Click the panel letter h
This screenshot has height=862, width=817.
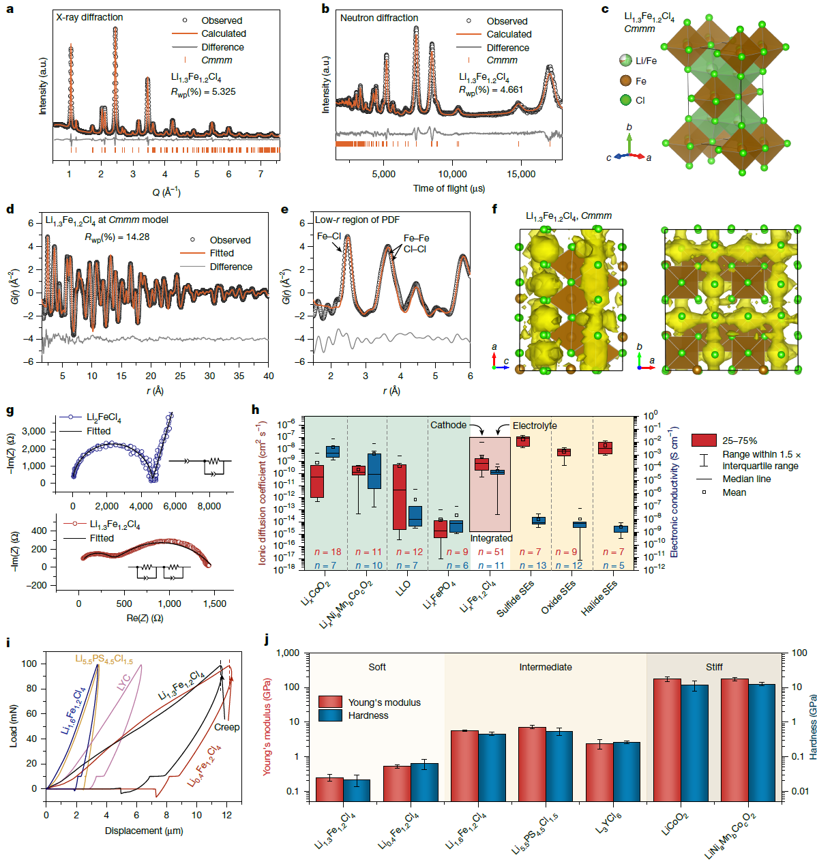[x=255, y=410]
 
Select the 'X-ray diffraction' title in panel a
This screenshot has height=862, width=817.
[x=89, y=17]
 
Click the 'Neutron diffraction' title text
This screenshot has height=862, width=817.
[x=379, y=18]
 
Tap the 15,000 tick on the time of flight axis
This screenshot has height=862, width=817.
[x=521, y=174]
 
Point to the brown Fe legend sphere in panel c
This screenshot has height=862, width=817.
[x=625, y=80]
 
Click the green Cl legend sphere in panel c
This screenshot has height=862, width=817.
[x=625, y=100]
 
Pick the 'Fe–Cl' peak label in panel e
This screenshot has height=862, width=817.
[x=329, y=236]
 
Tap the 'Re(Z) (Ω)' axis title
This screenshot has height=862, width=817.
[x=145, y=618]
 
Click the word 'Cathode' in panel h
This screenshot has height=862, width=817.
[x=448, y=425]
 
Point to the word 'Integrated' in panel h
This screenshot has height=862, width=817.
[x=491, y=538]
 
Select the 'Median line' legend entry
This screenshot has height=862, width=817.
[x=747, y=479]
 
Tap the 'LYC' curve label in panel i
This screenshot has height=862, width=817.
[x=123, y=683]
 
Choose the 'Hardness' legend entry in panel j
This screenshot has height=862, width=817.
[x=368, y=715]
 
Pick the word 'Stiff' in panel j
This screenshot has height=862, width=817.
[x=714, y=667]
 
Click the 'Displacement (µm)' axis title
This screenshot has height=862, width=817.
[x=144, y=831]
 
